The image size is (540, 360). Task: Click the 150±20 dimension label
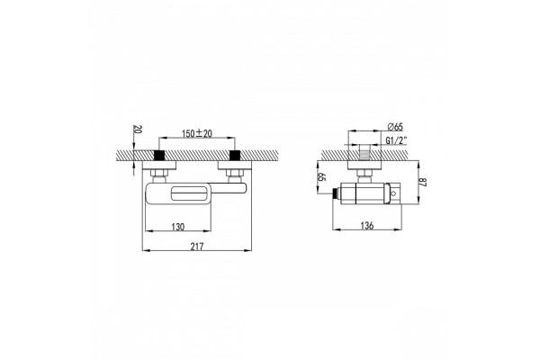(196, 133)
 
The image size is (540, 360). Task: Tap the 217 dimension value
(197, 247)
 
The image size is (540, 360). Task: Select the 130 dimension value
(178, 227)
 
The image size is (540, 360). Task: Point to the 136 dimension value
(367, 226)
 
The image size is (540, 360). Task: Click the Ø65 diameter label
(395, 126)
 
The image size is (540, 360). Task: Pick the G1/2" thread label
(396, 140)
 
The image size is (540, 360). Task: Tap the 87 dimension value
(423, 182)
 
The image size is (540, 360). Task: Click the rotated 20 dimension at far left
(138, 130)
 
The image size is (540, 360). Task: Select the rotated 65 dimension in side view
(321, 177)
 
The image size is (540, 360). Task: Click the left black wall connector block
(158, 156)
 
